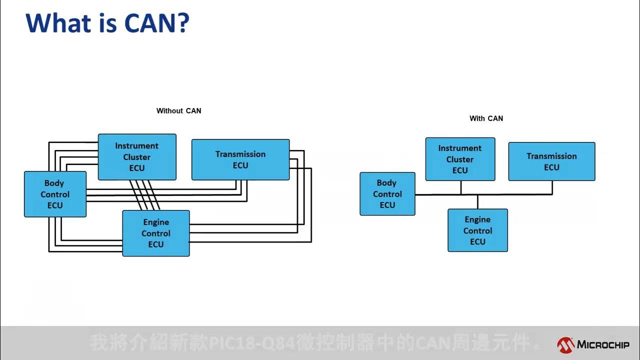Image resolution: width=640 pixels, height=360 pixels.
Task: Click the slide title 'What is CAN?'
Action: point(107,23)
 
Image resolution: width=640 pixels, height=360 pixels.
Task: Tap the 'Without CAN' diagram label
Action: point(178,110)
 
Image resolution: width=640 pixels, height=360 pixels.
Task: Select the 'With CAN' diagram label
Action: point(486,118)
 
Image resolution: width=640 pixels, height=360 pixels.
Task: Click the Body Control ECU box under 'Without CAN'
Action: point(55,194)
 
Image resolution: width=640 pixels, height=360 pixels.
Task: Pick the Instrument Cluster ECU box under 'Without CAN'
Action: point(137,156)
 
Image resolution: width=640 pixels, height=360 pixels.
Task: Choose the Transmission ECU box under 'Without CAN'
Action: point(240,159)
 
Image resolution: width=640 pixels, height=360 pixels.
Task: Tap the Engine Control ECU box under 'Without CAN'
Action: point(156,233)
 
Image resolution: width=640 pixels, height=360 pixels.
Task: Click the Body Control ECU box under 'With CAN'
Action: point(387,194)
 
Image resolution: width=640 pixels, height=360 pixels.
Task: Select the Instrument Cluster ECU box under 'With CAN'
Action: point(460,159)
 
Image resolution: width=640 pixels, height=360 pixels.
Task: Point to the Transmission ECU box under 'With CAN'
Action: point(551,161)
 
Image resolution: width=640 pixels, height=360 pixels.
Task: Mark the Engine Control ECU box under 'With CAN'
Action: point(477,230)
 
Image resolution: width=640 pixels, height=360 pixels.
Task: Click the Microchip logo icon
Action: point(565,344)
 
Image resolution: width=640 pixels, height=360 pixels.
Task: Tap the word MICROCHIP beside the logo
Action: point(603,344)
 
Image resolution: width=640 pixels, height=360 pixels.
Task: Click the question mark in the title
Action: point(182,23)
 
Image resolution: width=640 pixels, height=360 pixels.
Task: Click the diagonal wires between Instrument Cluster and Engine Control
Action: point(144,195)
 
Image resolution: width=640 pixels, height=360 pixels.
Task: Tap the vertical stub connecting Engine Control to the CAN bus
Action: point(477,201)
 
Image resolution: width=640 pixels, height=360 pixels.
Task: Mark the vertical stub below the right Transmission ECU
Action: point(552,187)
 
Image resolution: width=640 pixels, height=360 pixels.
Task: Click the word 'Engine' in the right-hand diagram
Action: point(477,219)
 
